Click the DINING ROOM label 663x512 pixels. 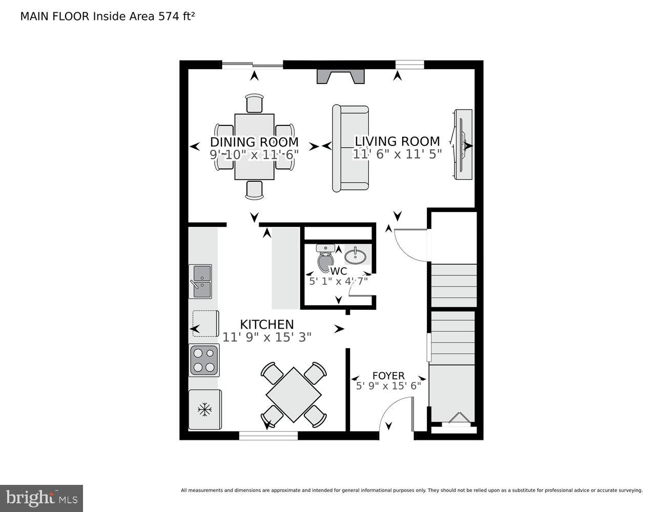(x=254, y=142)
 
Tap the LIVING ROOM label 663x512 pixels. (x=397, y=141)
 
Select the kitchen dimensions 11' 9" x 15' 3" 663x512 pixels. (x=267, y=337)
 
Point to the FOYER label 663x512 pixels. (x=388, y=376)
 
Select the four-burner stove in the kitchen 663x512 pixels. (x=203, y=360)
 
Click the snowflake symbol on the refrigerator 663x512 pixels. (x=205, y=409)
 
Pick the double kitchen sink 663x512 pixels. (x=200, y=281)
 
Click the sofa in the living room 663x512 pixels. (x=350, y=148)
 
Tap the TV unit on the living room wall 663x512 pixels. (x=463, y=144)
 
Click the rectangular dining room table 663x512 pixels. (x=254, y=146)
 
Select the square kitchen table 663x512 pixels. (x=294, y=395)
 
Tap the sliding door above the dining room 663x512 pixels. (x=252, y=65)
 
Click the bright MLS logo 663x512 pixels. (x=42, y=498)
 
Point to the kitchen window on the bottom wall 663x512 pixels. (x=268, y=436)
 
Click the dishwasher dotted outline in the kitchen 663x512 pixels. (x=205, y=323)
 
